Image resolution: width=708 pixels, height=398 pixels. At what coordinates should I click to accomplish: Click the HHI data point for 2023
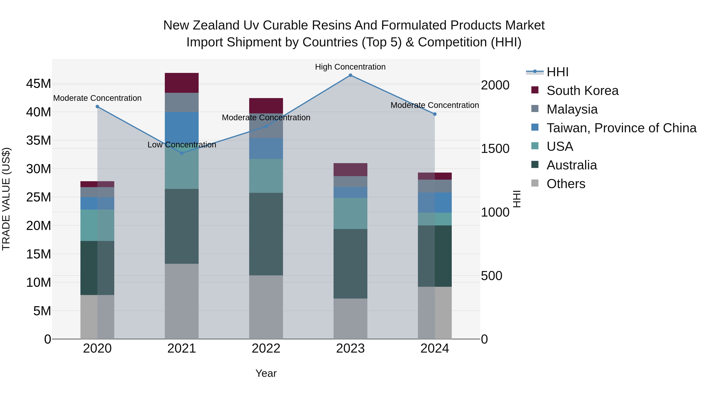click(x=350, y=75)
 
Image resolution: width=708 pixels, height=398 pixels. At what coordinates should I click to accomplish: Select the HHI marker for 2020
click(x=97, y=107)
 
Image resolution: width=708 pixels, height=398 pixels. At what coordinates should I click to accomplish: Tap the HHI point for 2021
click(x=182, y=153)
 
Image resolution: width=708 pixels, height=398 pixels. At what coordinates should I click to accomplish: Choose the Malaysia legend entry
click(x=572, y=109)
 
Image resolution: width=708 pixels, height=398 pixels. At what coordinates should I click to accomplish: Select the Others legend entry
click(x=566, y=184)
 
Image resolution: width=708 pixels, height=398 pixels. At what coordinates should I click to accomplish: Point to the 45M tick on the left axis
click(x=39, y=84)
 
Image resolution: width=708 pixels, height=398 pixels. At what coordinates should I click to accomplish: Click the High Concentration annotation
click(x=350, y=67)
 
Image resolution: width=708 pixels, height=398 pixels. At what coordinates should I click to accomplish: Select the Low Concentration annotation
click(x=182, y=145)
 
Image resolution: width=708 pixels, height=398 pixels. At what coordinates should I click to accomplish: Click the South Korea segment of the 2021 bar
click(x=182, y=83)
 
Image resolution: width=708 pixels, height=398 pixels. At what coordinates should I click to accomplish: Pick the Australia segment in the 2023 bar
click(x=350, y=264)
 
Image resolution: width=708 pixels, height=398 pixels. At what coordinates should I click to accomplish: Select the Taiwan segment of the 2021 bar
click(x=182, y=126)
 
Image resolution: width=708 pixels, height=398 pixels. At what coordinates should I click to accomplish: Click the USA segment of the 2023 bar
click(x=350, y=213)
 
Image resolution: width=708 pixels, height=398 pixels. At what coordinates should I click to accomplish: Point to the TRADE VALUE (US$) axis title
click(x=6, y=199)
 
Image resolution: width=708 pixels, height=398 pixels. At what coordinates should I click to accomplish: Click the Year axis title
click(x=266, y=373)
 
